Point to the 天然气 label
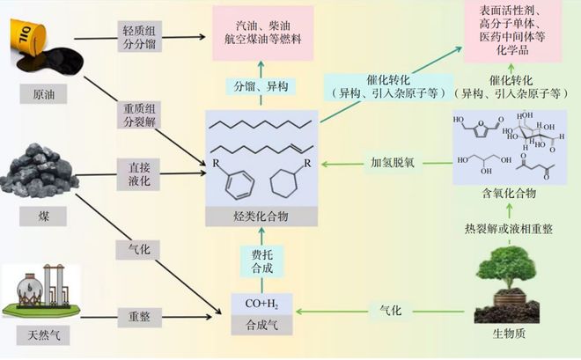coord(44,334)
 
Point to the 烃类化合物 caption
coord(261,217)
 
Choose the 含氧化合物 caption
coord(500,195)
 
